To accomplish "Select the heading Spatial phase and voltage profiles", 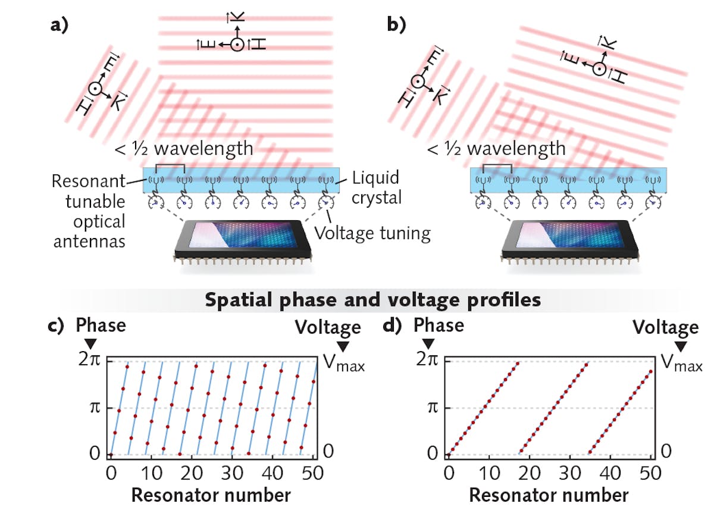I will pyautogui.click(x=372, y=299).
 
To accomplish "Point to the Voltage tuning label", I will pyautogui.click(x=372, y=233).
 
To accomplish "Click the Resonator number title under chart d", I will pyautogui.click(x=549, y=495).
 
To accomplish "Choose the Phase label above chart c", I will pyautogui.click(x=101, y=326).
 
